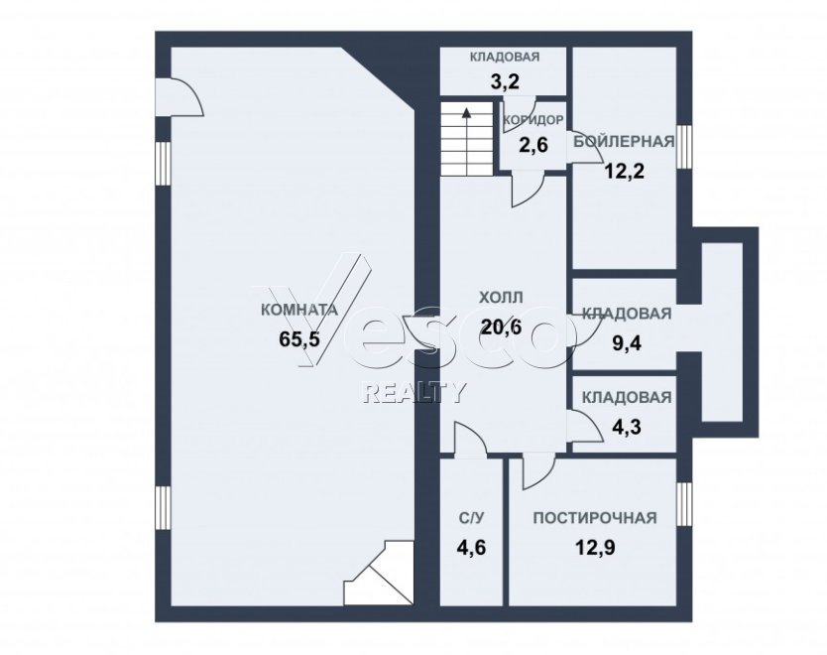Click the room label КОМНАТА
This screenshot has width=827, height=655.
[299, 310]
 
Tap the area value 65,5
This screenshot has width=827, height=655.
[299, 338]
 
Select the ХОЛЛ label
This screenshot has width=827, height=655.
[501, 298]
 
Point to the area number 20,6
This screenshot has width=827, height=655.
[501, 327]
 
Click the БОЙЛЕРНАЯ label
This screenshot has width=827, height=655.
[624, 142]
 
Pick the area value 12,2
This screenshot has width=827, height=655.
[624, 171]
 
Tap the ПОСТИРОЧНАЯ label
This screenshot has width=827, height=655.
[595, 518]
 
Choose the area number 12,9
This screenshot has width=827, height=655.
[595, 548]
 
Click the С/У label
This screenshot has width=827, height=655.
[471, 518]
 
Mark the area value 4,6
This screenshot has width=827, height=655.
[471, 548]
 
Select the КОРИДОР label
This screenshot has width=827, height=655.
[533, 120]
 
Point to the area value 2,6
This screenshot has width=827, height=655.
[533, 145]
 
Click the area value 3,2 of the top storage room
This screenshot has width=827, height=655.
[505, 81]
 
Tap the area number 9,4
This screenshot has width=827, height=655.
[626, 343]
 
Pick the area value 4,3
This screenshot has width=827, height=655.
[626, 427]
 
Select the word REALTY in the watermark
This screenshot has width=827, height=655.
[415, 392]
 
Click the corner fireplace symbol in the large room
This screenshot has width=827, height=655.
[378, 573]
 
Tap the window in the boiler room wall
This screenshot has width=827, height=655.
[684, 147]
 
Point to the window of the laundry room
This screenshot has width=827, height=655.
[684, 504]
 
